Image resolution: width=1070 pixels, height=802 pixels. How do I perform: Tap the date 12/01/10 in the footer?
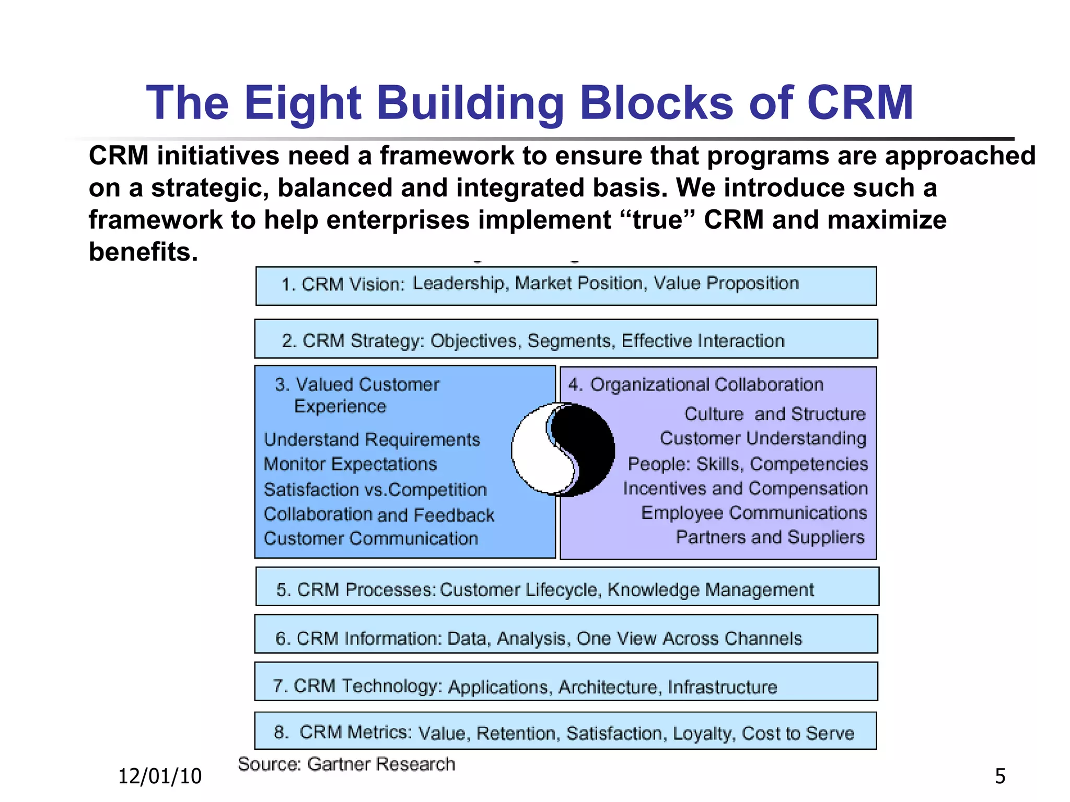click(x=160, y=776)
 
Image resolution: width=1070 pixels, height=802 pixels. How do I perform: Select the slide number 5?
click(x=1000, y=776)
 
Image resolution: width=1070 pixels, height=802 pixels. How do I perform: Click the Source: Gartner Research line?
click(x=346, y=764)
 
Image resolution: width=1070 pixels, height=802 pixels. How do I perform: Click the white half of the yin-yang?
click(x=533, y=454)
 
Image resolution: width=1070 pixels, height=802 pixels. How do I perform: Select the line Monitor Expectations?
click(x=350, y=464)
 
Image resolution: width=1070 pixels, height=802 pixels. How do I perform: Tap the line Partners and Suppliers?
click(x=770, y=537)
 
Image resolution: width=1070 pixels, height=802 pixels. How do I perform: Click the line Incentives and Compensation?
click(x=745, y=488)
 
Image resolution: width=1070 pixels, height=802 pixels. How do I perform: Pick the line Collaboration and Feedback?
click(x=379, y=515)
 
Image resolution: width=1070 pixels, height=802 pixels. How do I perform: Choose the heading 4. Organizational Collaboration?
click(x=696, y=385)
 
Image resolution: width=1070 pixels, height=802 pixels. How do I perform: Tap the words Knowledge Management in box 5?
click(x=711, y=590)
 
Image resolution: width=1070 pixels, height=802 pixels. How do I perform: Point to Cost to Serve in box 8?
click(x=798, y=734)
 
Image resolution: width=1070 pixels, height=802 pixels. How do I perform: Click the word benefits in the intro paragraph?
click(x=143, y=252)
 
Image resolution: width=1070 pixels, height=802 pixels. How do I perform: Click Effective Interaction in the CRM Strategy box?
click(x=703, y=341)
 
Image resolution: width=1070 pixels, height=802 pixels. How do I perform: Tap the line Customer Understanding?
click(x=763, y=439)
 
